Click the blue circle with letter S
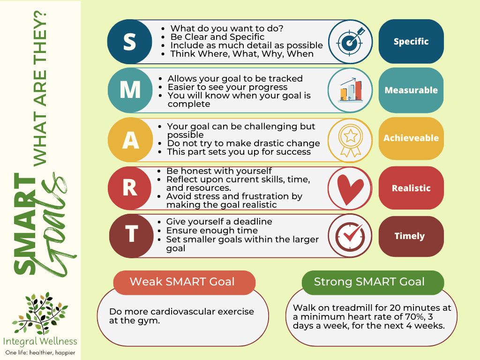129,42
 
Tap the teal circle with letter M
130,90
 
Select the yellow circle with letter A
130,140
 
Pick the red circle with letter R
130,188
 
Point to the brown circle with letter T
131,236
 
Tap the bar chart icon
351,90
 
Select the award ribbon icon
351,141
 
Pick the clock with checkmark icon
350,236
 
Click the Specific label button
411,41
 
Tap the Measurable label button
411,90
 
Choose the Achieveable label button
411,138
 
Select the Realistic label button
411,188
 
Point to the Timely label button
411,236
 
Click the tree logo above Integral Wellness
40,313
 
